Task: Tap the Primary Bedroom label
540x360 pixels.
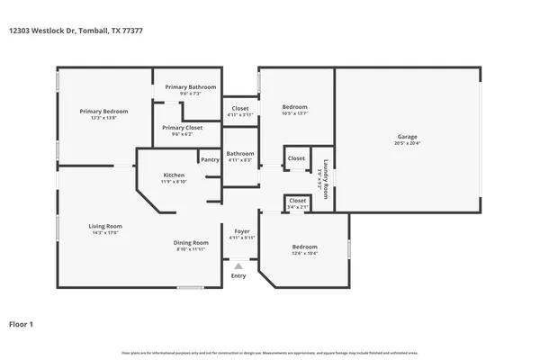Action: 103,112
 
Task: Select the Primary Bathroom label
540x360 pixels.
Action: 190,87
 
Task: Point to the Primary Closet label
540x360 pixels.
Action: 182,128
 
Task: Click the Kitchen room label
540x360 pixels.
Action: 174,175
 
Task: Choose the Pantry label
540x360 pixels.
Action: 210,159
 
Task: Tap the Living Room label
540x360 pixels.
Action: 104,226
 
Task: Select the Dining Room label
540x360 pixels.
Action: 192,242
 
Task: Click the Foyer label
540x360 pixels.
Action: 242,231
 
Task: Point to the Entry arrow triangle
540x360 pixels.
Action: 238,265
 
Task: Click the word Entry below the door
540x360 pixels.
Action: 238,275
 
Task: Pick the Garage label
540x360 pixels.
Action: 408,138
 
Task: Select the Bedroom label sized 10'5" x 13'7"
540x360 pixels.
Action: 294,107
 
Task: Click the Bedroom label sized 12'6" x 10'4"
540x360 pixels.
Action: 304,247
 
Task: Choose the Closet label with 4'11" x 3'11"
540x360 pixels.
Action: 240,109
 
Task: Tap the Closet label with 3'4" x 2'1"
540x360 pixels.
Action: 297,201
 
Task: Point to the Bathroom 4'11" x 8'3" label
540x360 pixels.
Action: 240,154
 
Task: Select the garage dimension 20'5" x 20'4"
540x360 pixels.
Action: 408,144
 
